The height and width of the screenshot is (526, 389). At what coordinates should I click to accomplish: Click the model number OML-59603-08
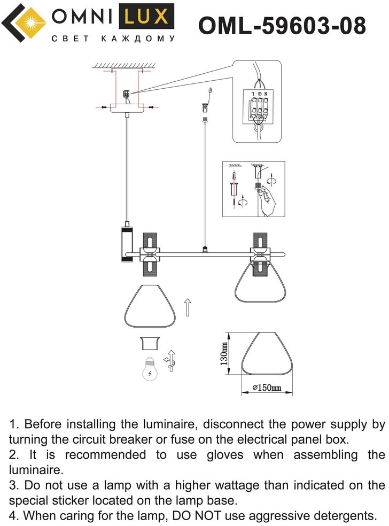[x=282, y=25]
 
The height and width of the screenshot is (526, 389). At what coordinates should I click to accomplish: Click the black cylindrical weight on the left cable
[x=127, y=244]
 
